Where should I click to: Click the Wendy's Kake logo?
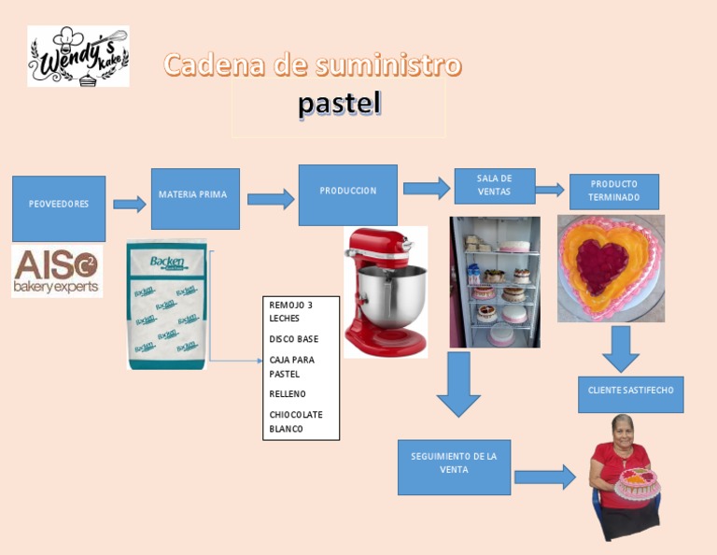coord(78,56)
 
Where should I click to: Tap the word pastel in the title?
coord(339,104)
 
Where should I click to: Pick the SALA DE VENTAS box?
coord(494,185)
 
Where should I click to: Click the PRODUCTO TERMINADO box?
coord(613,192)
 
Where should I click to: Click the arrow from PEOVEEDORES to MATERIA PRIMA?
coord(129,204)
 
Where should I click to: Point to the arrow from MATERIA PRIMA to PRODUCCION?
coord(271,198)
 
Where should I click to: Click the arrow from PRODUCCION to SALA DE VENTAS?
coord(427,188)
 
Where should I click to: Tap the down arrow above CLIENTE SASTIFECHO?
coord(620,349)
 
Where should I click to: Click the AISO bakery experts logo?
coord(57,271)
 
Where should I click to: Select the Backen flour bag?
coord(166,305)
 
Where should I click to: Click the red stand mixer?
coord(386,292)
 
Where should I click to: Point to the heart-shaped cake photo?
coord(611,268)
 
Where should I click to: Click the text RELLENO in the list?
coord(288,394)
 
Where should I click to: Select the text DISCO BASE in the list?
coord(293,339)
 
